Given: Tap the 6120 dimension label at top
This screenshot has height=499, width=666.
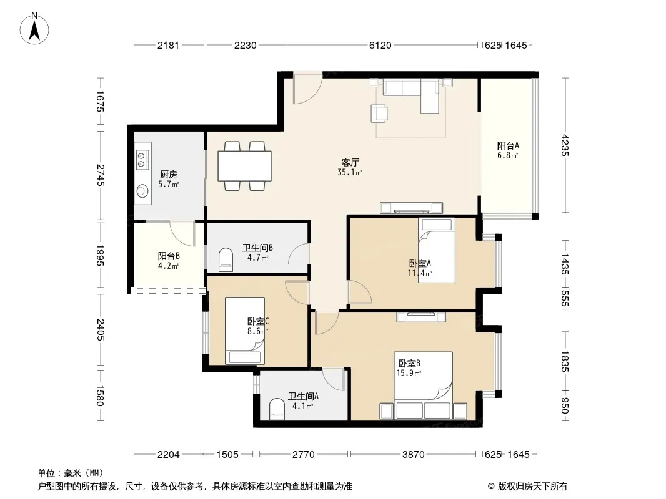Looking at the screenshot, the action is point(380,45).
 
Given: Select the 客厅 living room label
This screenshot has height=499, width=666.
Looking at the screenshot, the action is point(350,162).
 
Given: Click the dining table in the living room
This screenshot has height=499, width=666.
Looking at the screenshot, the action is point(245,166).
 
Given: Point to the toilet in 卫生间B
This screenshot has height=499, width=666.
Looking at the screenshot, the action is point(226,259).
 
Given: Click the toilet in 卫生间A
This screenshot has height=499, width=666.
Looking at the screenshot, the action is point(277,409).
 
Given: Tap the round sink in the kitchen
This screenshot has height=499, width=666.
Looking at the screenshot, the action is point(142,191).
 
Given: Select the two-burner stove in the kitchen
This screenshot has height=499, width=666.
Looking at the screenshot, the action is point(142,159).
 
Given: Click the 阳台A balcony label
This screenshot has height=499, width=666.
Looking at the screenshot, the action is point(508,145).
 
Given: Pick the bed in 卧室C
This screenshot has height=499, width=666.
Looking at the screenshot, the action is point(245,330).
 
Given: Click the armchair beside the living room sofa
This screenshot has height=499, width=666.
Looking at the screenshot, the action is point(379,113).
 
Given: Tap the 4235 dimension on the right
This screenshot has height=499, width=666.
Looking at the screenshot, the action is point(565,145).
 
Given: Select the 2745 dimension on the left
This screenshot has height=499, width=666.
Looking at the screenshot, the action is point(100,175).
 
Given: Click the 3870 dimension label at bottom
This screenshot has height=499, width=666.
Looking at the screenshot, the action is point(413,455).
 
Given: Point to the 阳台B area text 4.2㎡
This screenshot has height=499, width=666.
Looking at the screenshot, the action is point(168,266).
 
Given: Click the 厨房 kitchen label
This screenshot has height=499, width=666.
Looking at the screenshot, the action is point(169,174).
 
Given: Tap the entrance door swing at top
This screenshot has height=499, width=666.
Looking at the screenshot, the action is point(308,89).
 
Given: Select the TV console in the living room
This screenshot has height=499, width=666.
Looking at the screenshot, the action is point(411,208).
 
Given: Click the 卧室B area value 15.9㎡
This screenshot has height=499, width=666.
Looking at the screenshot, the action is point(409,374).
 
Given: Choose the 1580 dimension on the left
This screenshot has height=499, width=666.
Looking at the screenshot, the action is point(100,395).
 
